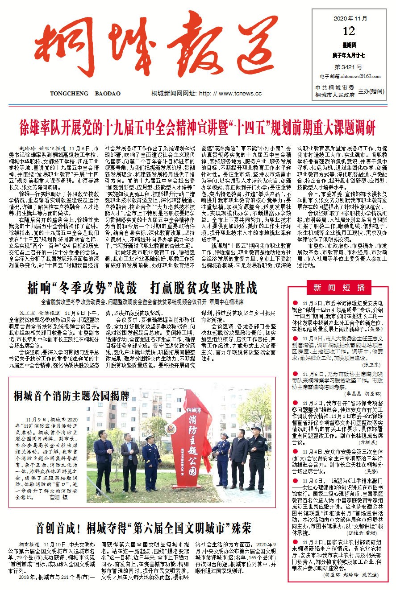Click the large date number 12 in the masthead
coord(349,32)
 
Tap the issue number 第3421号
coord(348,67)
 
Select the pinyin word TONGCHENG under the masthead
coord(70,94)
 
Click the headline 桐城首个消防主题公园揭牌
coord(71,396)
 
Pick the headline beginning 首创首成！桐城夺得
coord(143,528)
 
